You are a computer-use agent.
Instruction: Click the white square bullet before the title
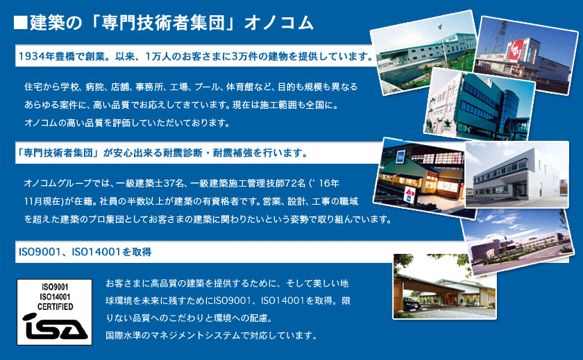[x=20, y=22]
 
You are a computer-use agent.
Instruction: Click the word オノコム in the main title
[x=279, y=23]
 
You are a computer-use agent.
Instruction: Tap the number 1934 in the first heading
[x=32, y=56]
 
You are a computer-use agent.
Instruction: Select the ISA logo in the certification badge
[x=55, y=326]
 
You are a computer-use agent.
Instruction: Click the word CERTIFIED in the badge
[x=55, y=307]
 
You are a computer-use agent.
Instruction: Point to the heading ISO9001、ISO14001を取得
[x=85, y=252]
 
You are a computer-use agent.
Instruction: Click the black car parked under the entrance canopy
[x=412, y=305]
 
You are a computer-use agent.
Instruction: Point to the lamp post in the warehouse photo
[x=443, y=44]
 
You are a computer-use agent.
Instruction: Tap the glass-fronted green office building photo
[x=480, y=104]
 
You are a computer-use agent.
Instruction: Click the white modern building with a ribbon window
[x=517, y=175]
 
